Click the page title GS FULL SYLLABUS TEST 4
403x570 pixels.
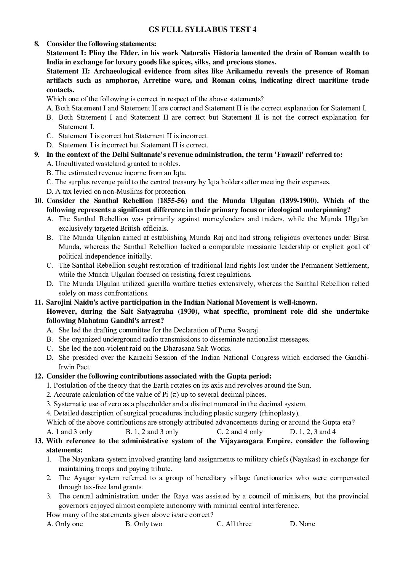[202, 30]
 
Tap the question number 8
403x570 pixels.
[37, 44]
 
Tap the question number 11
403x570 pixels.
[38, 302]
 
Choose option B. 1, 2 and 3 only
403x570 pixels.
[152, 431]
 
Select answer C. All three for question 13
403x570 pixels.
[234, 524]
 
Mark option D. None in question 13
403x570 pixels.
[302, 524]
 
